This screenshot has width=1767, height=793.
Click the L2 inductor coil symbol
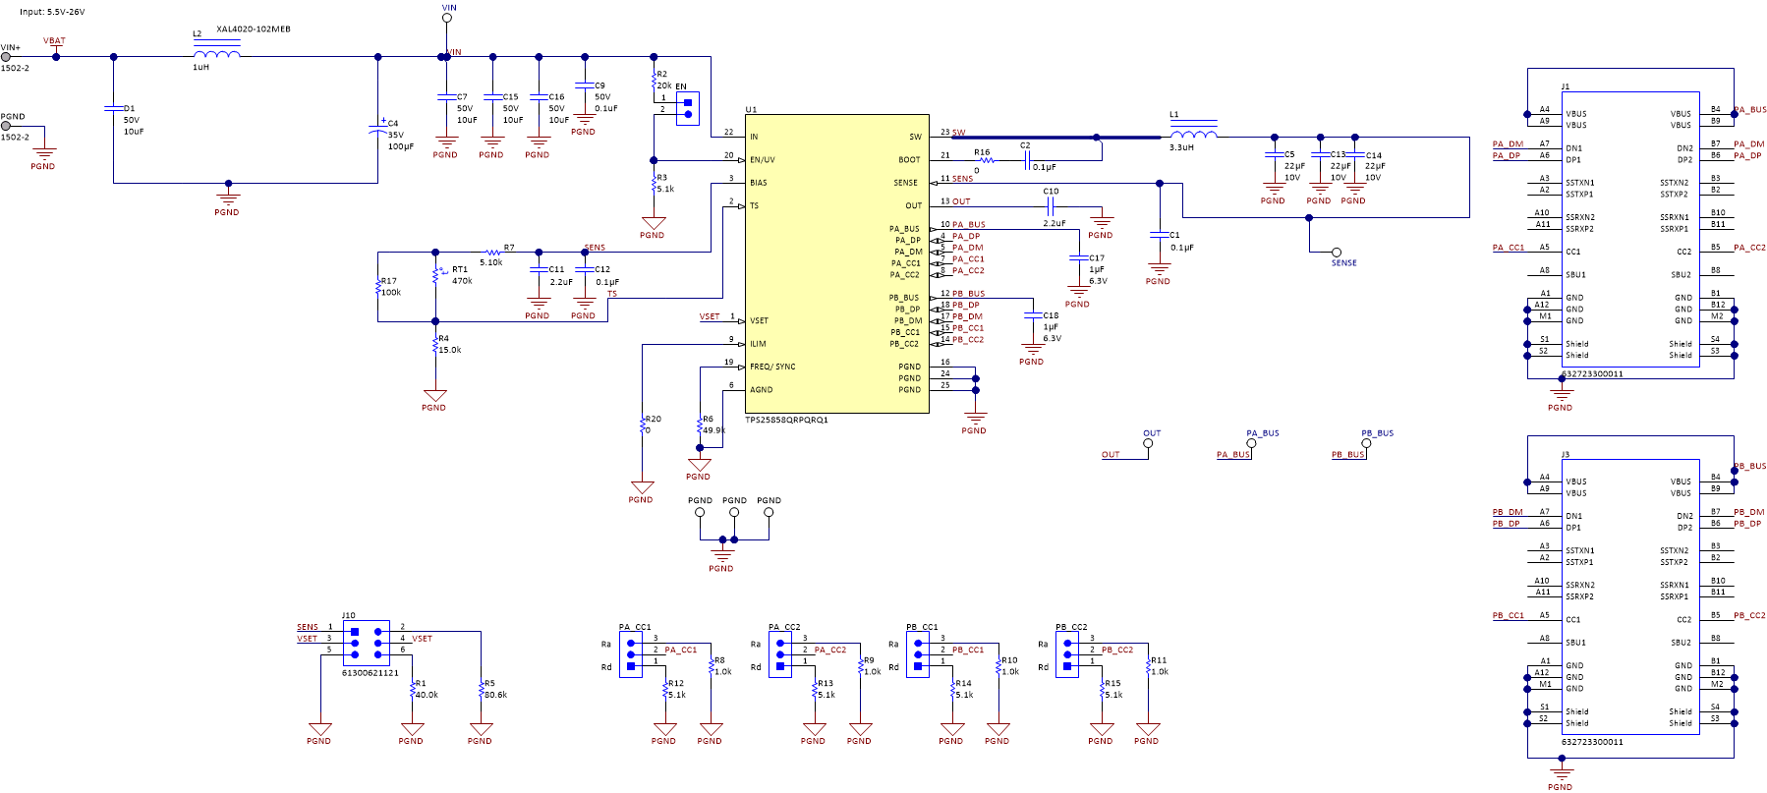[x=217, y=53]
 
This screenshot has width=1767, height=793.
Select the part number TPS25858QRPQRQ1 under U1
[x=786, y=420]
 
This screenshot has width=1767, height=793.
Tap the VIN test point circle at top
[x=447, y=18]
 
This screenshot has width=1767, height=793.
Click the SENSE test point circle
[x=1336, y=253]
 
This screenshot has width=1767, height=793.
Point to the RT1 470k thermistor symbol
[x=435, y=275]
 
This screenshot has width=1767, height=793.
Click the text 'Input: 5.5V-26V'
[x=52, y=12]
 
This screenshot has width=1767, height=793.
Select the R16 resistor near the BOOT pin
[x=986, y=160]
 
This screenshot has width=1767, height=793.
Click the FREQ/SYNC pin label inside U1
[x=772, y=367]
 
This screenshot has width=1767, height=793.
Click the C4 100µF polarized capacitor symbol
[x=378, y=128]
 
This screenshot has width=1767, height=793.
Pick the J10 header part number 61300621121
[x=370, y=673]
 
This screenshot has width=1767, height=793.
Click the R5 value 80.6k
[x=495, y=695]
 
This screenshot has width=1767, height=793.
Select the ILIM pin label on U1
[x=758, y=344]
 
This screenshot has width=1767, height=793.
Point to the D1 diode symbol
[x=114, y=108]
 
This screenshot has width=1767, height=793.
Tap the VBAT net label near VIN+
[x=54, y=41]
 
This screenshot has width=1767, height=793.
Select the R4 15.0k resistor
[x=435, y=344]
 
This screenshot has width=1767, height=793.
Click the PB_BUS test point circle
[x=1366, y=443]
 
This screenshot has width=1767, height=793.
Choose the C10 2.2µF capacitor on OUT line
[x=1051, y=206]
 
